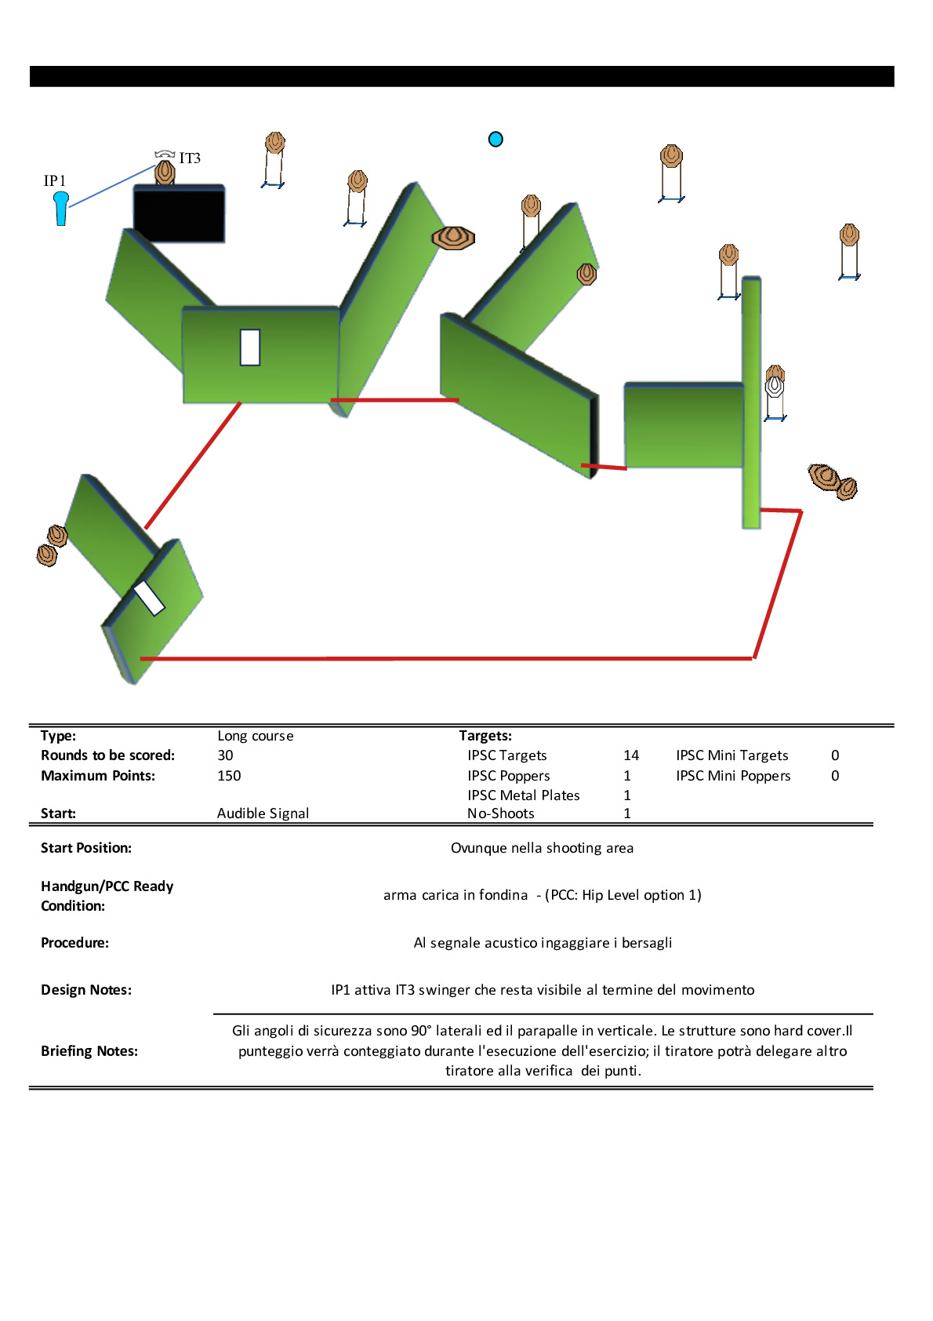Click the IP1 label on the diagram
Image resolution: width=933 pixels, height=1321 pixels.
[x=54, y=180]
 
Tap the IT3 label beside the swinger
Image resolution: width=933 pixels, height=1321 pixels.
[x=190, y=158]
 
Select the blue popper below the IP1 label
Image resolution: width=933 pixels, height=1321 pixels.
[x=60, y=208]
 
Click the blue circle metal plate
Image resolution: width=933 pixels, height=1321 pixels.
[x=496, y=139]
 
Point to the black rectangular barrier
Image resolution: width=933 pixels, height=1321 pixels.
[x=180, y=213]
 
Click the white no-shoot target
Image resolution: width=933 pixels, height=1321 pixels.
[x=774, y=386]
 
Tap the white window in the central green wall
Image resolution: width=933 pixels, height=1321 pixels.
[x=250, y=348]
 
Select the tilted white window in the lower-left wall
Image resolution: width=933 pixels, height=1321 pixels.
[x=148, y=598]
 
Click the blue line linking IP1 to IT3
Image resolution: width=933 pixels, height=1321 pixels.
[x=112, y=187]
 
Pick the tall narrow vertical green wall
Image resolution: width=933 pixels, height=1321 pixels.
[x=751, y=402]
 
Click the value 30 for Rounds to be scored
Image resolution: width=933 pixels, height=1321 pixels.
[x=225, y=755]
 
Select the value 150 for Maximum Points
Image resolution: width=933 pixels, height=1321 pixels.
[x=229, y=776]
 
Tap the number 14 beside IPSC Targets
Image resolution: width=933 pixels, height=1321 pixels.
[x=631, y=755]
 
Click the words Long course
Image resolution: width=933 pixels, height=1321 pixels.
[x=256, y=736]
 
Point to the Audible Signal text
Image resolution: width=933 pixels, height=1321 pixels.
[x=263, y=813]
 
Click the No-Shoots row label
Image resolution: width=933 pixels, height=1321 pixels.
[x=501, y=813]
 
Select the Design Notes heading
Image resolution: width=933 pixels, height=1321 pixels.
[x=86, y=989]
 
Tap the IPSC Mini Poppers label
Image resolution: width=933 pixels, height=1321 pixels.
[x=733, y=776]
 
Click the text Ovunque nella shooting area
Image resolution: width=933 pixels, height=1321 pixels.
[x=543, y=848]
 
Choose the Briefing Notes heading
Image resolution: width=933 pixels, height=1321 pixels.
[x=89, y=1051]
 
